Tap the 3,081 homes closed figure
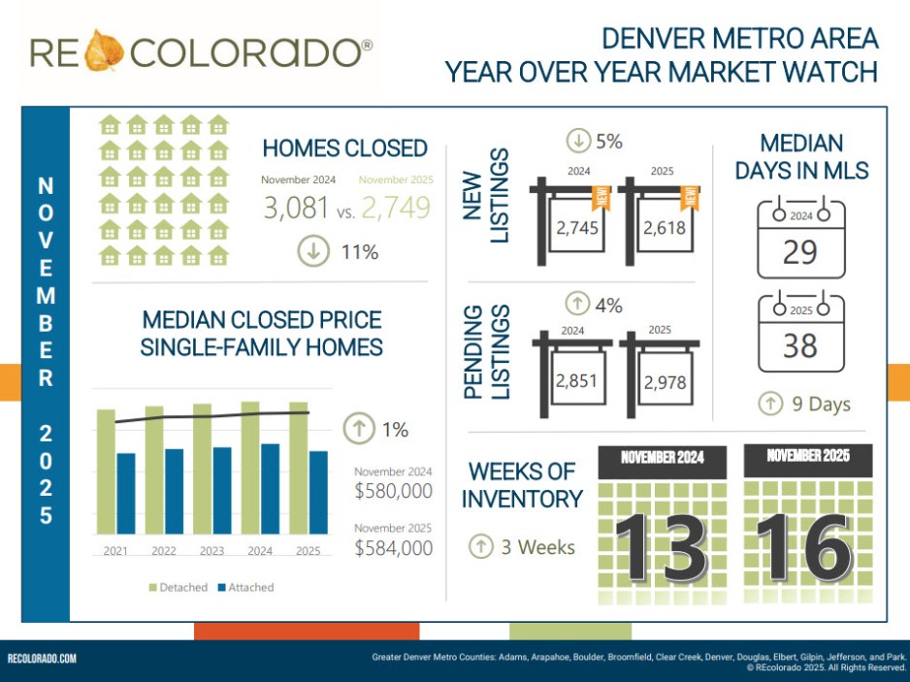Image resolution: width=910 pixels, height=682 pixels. tap(296, 208)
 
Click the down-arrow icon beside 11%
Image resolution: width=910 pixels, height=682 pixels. tap(312, 251)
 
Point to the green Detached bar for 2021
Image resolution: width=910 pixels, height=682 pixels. tap(106, 471)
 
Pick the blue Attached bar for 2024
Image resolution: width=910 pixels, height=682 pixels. tap(271, 489)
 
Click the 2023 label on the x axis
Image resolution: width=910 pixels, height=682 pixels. tap(211, 550)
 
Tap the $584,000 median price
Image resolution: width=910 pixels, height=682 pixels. tap(393, 548)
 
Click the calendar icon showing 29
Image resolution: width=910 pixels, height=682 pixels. tap(800, 240)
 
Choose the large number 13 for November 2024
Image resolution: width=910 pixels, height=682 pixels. tap(661, 546)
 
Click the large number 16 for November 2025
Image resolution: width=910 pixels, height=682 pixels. tap(804, 546)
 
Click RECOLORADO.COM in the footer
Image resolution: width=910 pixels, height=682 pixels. tap(42, 660)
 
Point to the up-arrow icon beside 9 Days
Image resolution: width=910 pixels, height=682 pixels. tap(770, 404)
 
